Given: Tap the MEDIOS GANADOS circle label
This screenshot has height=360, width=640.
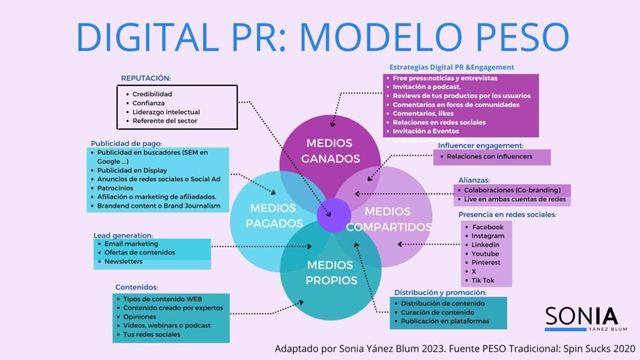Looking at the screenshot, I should pyautogui.click(x=331, y=151).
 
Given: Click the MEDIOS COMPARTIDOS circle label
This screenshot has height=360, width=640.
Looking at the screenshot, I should pyautogui.click(x=389, y=219).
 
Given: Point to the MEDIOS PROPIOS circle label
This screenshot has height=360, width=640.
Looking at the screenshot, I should pyautogui.click(x=331, y=272).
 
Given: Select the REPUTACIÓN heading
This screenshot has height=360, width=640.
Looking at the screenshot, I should pyautogui.click(x=146, y=78).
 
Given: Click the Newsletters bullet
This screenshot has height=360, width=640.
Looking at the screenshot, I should pyautogui.click(x=123, y=261).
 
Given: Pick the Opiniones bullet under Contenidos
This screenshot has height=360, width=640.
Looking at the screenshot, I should pyautogui.click(x=139, y=317).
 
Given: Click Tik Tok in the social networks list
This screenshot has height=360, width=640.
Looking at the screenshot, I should pyautogui.click(x=483, y=281).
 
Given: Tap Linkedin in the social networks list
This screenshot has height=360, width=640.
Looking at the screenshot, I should pyautogui.click(x=486, y=245).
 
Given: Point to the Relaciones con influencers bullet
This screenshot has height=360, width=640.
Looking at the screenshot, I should pyautogui.click(x=489, y=156).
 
